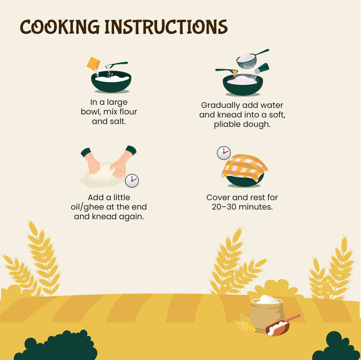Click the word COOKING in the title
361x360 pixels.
(x=60, y=27)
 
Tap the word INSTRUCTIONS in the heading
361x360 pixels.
(x=166, y=27)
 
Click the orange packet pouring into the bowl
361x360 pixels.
(x=93, y=64)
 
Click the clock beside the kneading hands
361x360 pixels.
(x=132, y=181)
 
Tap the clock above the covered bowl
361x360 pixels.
(x=224, y=153)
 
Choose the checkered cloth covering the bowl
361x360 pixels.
(x=244, y=167)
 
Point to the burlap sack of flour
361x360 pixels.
(x=267, y=314)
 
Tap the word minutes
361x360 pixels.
(x=255, y=207)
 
